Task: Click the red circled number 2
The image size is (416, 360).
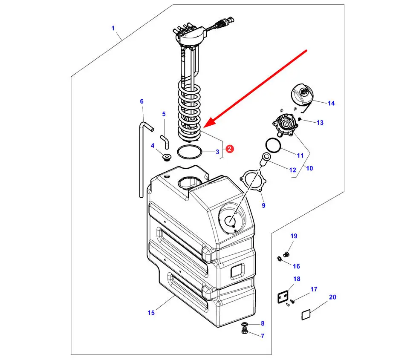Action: point(229,149)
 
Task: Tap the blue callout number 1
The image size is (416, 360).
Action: point(113,28)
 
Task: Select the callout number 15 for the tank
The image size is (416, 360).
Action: point(151,313)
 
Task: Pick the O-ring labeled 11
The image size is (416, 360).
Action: point(273,145)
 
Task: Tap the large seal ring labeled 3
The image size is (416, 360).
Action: point(190,152)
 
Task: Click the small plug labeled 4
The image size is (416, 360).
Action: point(166,157)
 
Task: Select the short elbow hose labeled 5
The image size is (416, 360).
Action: point(165,141)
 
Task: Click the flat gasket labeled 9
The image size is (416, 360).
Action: point(253,181)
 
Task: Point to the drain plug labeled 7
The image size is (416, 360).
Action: point(245,331)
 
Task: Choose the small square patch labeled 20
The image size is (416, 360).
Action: point(306,315)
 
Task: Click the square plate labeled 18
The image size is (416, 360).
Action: point(283,297)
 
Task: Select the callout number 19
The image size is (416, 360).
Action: point(294,236)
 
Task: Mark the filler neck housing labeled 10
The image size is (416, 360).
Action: point(283,124)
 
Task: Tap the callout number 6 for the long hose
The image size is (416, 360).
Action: point(142,101)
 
